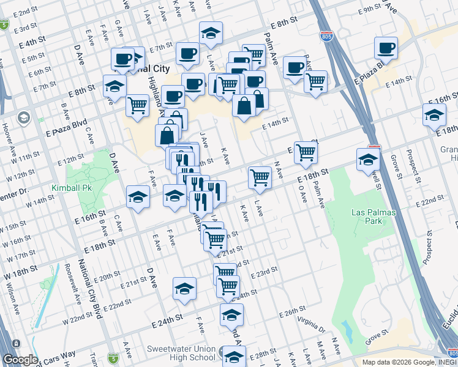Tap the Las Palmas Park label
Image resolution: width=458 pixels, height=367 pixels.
[x=374, y=217]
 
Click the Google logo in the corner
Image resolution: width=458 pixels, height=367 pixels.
[x=20, y=360]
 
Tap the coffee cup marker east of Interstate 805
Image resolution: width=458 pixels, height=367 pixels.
[x=386, y=48]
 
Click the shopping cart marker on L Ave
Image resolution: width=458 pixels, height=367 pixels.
[x=260, y=177]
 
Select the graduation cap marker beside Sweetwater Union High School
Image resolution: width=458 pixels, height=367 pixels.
[x=233, y=355]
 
